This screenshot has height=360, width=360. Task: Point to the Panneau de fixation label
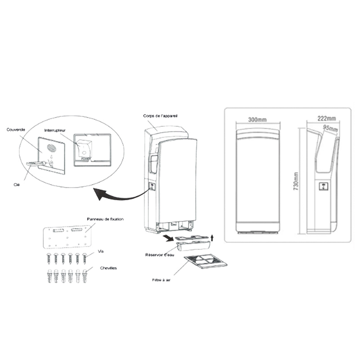click(105, 219)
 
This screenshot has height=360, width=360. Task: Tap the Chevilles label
click(108, 268)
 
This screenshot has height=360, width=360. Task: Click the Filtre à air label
click(162, 279)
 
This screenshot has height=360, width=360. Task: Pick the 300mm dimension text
click(257, 120)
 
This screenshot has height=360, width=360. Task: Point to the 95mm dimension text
click(330, 129)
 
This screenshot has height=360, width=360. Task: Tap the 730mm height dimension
click(296, 180)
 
